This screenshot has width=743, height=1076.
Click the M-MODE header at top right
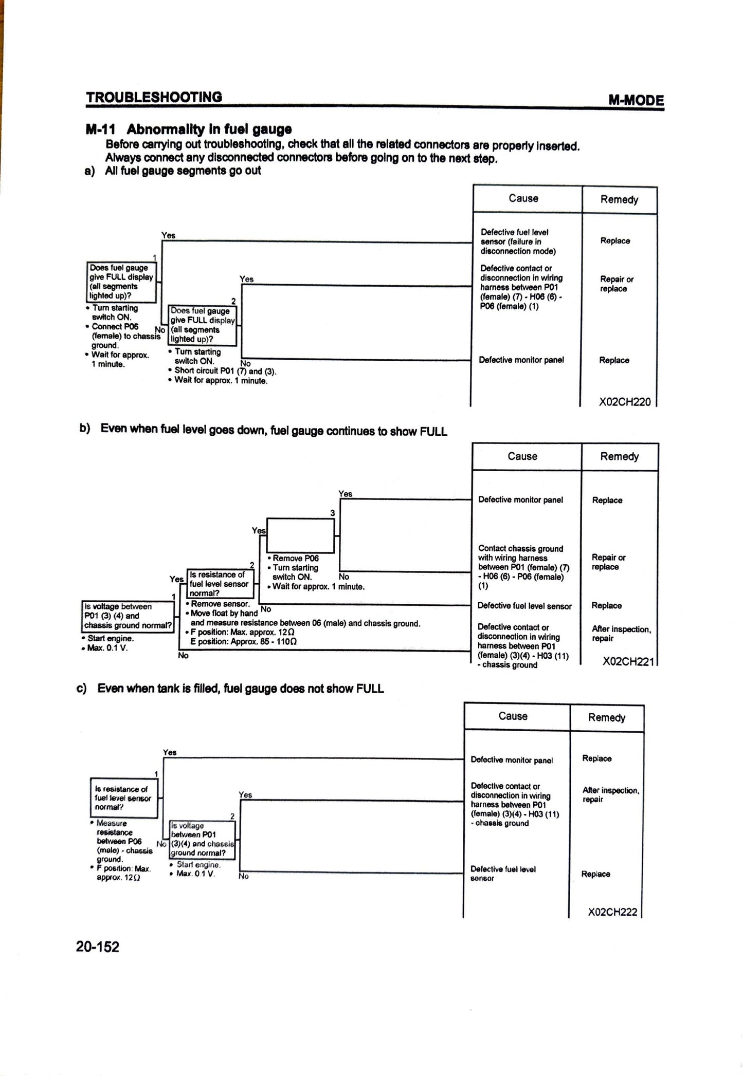tap(636, 100)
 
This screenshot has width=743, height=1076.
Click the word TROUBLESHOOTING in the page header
tap(154, 97)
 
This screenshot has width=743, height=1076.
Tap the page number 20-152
tap(97, 946)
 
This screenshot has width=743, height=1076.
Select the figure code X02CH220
tap(624, 402)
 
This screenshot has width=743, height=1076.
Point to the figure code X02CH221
tap(627, 662)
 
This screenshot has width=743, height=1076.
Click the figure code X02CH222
tap(612, 912)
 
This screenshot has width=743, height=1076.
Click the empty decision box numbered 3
tap(301, 535)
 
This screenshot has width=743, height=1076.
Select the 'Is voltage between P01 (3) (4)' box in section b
tap(128, 616)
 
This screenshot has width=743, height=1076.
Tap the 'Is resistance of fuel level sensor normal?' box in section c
tap(123, 798)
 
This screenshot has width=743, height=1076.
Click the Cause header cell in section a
tap(523, 198)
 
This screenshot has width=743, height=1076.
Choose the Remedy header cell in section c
tap(607, 717)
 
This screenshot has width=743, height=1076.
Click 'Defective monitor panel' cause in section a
tap(521, 360)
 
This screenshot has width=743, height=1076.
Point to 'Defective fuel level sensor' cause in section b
tap(524, 606)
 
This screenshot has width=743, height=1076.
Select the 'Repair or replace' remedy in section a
tap(616, 284)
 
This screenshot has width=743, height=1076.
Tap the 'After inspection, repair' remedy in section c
tap(610, 794)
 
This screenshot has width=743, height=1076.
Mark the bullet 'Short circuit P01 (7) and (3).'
tap(225, 371)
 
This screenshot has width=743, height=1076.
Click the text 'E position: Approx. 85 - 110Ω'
tap(243, 641)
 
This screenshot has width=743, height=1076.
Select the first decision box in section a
tap(121, 282)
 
